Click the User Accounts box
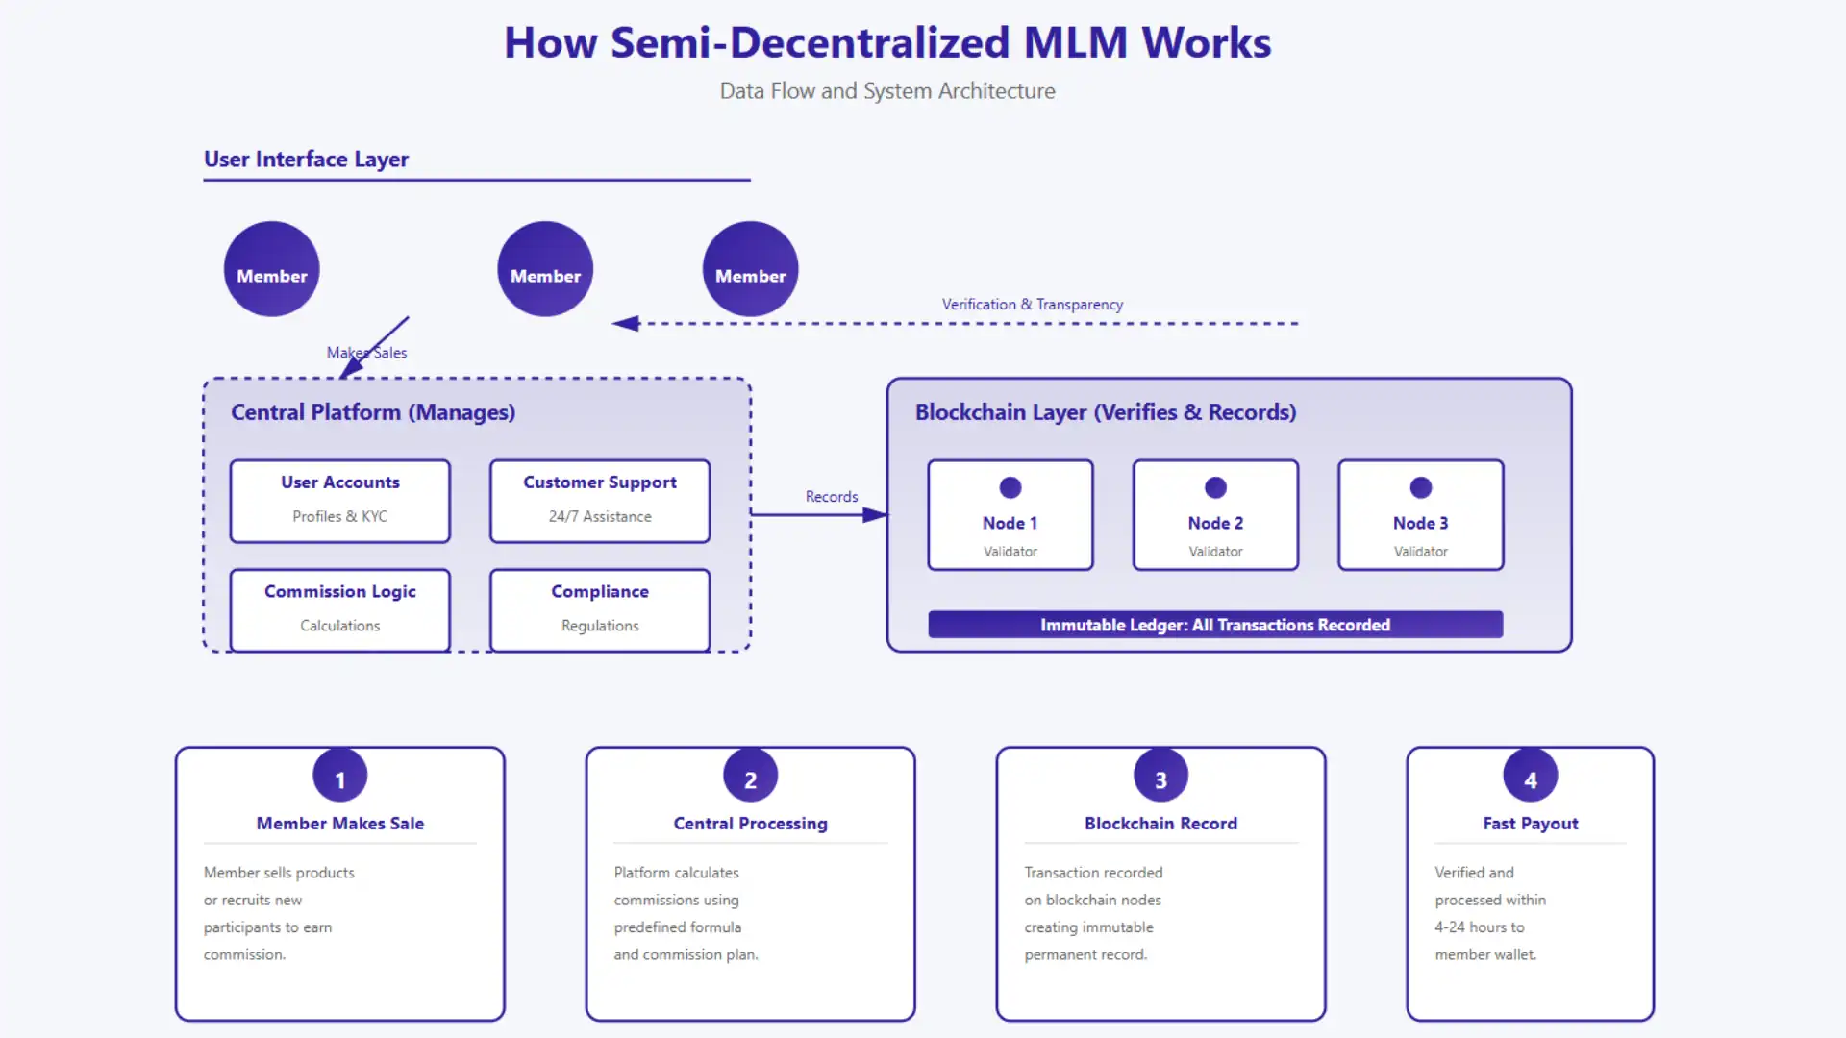339,500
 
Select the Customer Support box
599,500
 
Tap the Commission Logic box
339,608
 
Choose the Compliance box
599,608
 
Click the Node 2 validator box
1215,515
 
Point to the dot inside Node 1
1010,487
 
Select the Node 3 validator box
1420,515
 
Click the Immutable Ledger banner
1214,625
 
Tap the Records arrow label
831,497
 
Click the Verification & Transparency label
1032,305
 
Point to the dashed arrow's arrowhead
626,324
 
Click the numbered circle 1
339,777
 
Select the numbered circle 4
1530,777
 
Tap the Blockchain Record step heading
1160,824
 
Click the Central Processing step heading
750,824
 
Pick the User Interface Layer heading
306,160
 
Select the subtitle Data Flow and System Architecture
886,91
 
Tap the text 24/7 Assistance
599,517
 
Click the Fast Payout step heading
1530,824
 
